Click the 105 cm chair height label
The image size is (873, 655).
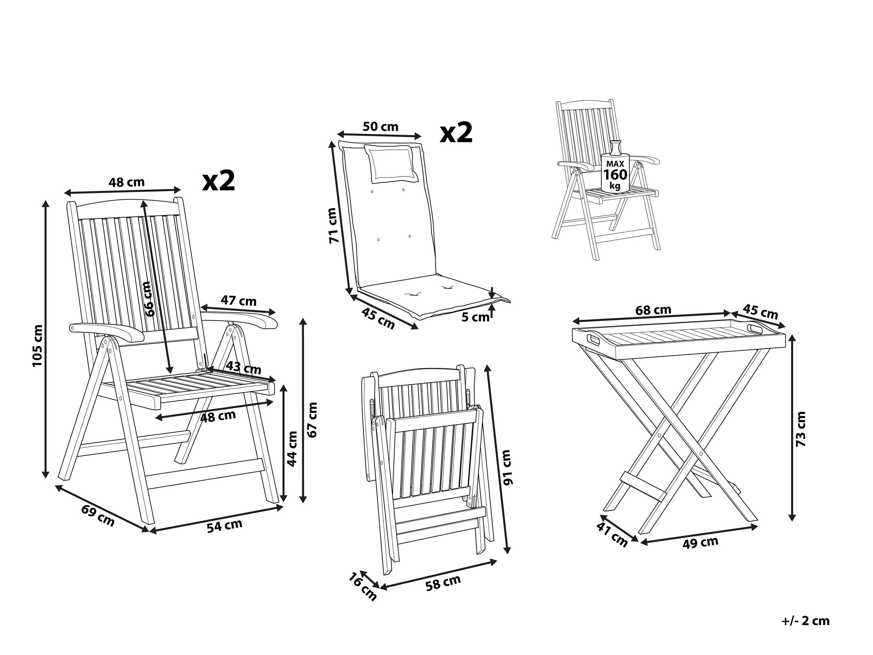(x=37, y=345)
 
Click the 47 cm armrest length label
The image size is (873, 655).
(x=238, y=301)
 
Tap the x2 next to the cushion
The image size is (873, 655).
(x=456, y=133)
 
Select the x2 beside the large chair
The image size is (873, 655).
(x=219, y=181)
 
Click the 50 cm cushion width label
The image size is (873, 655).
(x=380, y=127)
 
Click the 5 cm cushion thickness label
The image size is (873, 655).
(x=475, y=317)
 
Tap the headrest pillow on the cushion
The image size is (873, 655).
(x=390, y=163)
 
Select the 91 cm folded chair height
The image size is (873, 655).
(x=506, y=467)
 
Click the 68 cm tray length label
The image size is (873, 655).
(x=653, y=310)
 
